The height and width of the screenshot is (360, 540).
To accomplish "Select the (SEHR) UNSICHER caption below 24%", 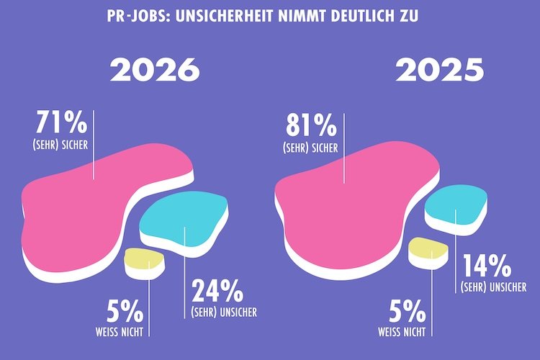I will (x=224, y=312).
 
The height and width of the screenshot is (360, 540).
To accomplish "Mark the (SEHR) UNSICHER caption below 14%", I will (x=498, y=287).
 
